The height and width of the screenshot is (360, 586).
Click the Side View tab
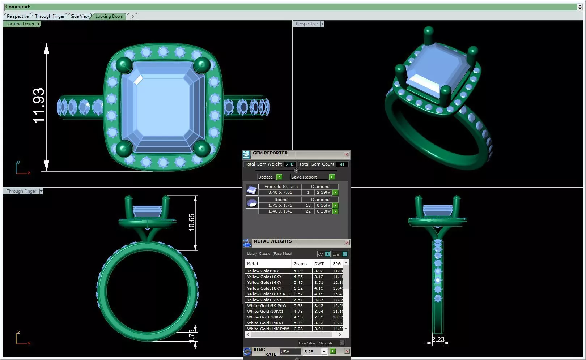pyautogui.click(x=80, y=16)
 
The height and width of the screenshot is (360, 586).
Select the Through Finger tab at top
pyautogui.click(x=50, y=16)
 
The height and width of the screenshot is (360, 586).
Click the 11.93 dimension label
pyautogui.click(x=39, y=106)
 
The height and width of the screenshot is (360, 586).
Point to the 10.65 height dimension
pyautogui.click(x=191, y=222)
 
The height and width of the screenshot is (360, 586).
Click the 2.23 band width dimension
pyautogui.click(x=438, y=339)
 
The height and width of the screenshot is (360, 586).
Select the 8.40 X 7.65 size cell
pyautogui.click(x=280, y=192)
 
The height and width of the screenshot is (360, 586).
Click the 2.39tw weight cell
pyautogui.click(x=323, y=192)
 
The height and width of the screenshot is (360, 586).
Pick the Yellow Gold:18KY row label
pyautogui.click(x=264, y=288)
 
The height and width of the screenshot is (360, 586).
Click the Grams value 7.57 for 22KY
pyautogui.click(x=298, y=300)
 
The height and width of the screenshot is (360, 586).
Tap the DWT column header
pyautogui.click(x=319, y=263)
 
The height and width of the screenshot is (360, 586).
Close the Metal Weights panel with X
pyautogui.click(x=347, y=243)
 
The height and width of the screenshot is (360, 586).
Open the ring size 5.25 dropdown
pyautogui.click(x=324, y=352)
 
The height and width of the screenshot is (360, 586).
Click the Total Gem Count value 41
pyautogui.click(x=342, y=164)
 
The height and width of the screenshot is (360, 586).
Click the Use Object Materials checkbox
pyautogui.click(x=342, y=343)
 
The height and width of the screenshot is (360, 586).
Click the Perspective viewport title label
pyautogui.click(x=306, y=24)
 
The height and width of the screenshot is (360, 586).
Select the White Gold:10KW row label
pyautogui.click(x=264, y=317)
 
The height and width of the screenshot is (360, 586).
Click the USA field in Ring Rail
pyautogui.click(x=289, y=352)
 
